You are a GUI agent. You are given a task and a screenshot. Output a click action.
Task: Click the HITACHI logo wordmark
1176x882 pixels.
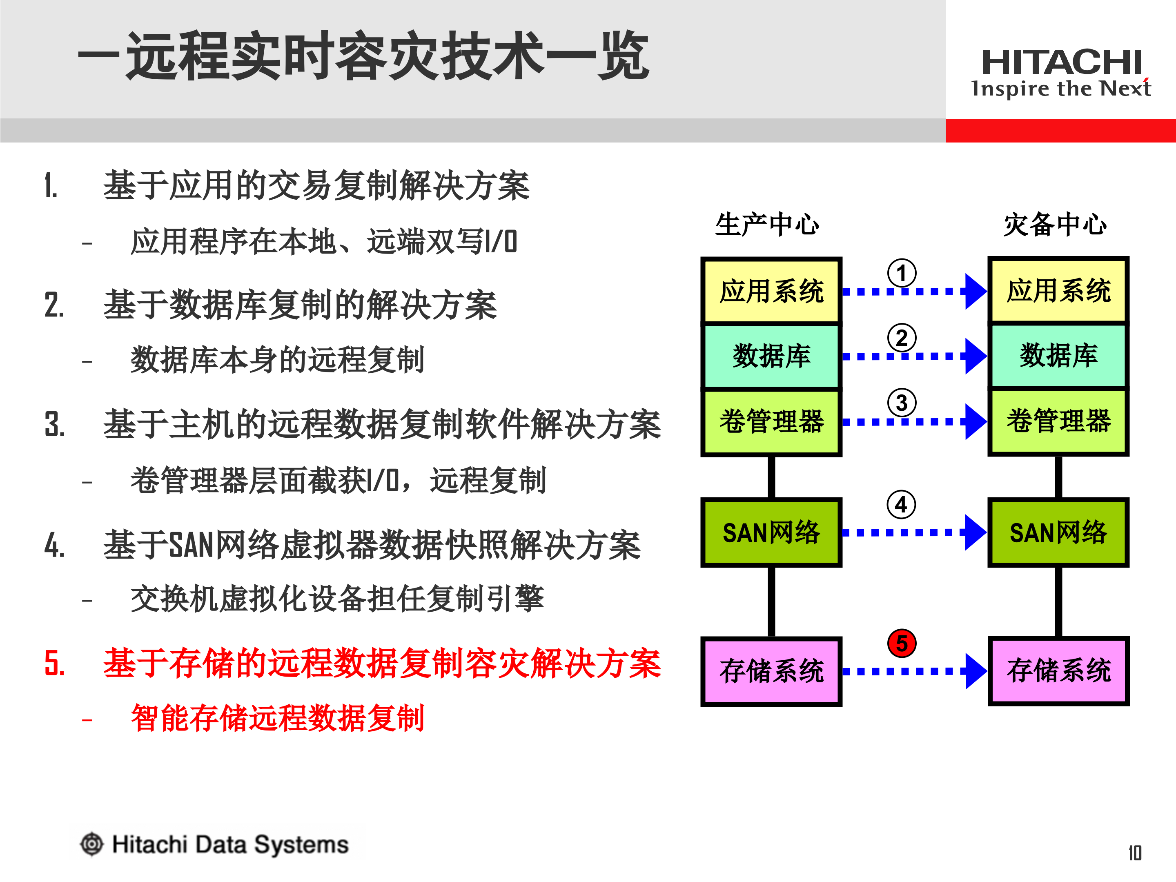[x=1061, y=62]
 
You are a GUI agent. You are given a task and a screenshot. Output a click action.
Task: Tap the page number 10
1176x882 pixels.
[x=1135, y=853]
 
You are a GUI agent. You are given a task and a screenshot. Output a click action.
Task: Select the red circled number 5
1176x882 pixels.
[x=902, y=643]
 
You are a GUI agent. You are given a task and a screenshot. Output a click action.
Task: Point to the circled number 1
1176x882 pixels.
[x=902, y=273]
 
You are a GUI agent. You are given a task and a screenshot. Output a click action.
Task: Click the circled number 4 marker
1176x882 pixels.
[x=901, y=504]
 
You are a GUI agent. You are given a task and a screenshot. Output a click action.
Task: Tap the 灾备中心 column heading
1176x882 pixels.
[x=1055, y=224]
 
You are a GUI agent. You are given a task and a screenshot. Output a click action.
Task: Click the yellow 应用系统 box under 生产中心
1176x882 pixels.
[x=771, y=291]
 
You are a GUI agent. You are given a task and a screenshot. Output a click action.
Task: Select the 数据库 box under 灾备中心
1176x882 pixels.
[x=1058, y=356]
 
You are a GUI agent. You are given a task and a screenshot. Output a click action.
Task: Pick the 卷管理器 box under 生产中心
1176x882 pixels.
[x=771, y=421]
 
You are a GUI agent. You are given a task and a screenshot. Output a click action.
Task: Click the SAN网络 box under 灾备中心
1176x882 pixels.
[x=1058, y=532]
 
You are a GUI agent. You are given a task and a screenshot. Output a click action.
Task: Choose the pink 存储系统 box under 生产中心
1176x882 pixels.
[x=771, y=671]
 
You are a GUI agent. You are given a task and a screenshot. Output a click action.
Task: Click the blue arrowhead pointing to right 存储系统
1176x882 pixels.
[x=976, y=671]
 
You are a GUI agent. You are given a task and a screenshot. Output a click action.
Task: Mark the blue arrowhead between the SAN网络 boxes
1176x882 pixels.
[x=976, y=532]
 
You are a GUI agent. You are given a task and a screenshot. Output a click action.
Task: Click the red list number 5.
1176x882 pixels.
[x=54, y=664]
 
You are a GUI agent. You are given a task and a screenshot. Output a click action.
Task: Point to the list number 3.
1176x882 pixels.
[x=54, y=425]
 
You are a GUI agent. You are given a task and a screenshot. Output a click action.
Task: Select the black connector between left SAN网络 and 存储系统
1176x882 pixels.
[x=771, y=601]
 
